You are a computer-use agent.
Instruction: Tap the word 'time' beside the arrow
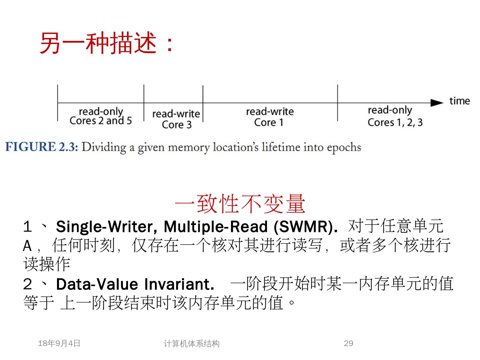pos(459,101)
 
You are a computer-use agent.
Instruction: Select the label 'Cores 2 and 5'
pos(101,120)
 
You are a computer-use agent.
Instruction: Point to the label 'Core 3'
pos(177,125)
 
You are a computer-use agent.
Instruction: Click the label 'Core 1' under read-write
pos(269,122)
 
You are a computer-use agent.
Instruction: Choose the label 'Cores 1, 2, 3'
pos(395,122)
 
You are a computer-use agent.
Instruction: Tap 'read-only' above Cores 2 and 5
pos(101,111)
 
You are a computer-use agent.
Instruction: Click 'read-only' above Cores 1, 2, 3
pos(390,110)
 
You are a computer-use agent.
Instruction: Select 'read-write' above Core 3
pos(176,114)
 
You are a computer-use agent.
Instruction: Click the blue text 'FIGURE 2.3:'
pos(42,147)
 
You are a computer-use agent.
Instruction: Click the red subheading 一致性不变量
pos(240,204)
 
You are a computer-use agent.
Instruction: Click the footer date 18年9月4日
pos(59,343)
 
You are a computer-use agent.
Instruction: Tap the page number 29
pos(348,343)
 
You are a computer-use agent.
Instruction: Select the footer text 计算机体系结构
pos(191,344)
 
